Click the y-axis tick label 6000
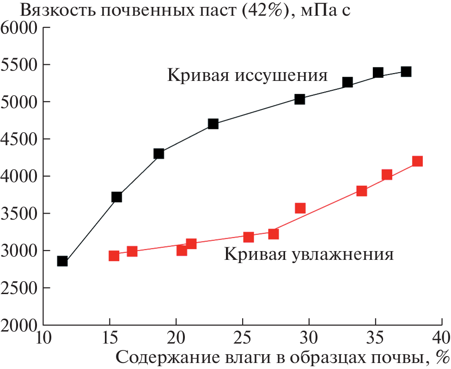pos(19,28)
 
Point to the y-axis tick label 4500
pos(19,139)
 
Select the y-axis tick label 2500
pos(19,288)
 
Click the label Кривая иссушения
pos(247,75)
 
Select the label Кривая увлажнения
pos(309,255)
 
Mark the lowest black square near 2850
pos(62,261)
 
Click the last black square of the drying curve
pos(406,72)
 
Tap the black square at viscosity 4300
pos(159,154)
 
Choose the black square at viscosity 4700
pos(213,124)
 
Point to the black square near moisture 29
pos(299,99)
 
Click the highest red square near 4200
pos(417,161)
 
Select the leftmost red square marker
pos(114,256)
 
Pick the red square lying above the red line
pos(300,208)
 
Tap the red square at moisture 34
pos(362,191)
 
